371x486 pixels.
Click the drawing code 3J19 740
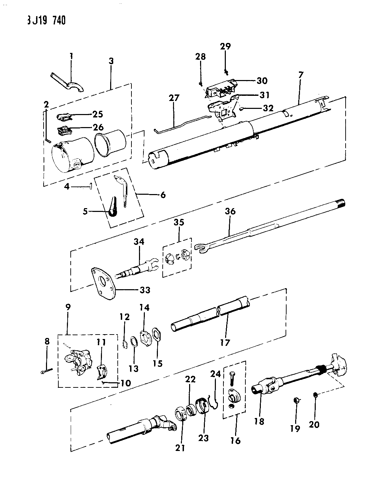point(46,21)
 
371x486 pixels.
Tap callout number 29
point(225,46)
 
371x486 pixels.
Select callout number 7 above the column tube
point(301,75)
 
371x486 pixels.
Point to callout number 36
point(230,211)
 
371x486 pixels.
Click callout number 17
point(225,343)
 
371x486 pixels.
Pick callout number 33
point(145,290)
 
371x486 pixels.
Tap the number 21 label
point(180,448)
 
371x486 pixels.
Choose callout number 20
point(314,425)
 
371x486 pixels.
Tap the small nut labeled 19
point(296,400)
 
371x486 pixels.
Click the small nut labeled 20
point(316,395)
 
